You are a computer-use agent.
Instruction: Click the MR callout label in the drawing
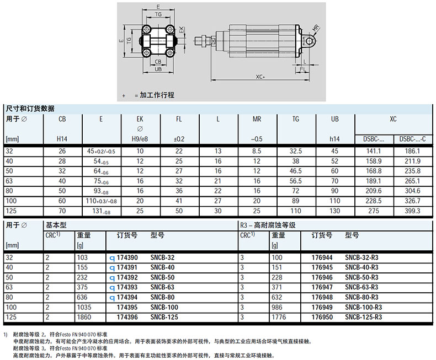(315, 28)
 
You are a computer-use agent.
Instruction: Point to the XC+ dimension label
(260, 77)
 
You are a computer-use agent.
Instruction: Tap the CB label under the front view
(158, 62)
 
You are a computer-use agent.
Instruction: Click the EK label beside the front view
(181, 30)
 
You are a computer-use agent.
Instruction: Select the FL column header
(179, 119)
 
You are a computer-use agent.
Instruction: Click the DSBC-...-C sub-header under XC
(412, 139)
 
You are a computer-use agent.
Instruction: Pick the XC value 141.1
(374, 151)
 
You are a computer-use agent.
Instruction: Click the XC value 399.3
(412, 211)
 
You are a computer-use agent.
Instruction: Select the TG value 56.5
(296, 181)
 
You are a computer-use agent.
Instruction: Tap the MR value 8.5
(257, 151)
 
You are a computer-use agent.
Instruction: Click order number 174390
(127, 257)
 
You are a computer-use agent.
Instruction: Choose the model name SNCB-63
(162, 287)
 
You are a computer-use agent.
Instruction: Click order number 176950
(322, 317)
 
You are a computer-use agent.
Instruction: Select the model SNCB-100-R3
(364, 307)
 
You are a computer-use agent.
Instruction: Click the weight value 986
(277, 307)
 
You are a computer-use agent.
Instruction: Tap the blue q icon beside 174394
(112, 298)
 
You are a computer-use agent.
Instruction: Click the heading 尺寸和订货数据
(30, 109)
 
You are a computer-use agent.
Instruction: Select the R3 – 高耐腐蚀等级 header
(268, 225)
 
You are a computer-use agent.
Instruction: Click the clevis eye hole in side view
(309, 41)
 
